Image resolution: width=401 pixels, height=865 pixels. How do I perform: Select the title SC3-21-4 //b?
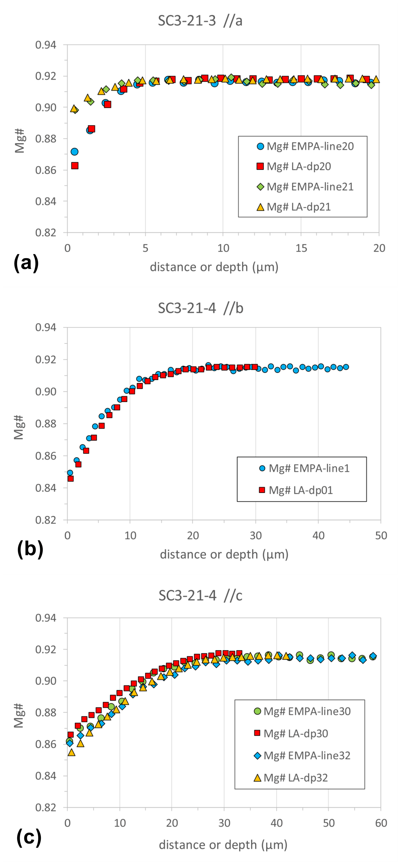(x=200, y=308)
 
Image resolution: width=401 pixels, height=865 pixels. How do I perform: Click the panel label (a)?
(x=26, y=263)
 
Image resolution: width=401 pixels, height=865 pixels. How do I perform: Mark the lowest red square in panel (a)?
(x=75, y=166)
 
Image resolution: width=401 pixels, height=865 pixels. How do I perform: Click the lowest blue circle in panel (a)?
(x=74, y=152)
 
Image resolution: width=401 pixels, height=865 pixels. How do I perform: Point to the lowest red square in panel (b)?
(x=70, y=479)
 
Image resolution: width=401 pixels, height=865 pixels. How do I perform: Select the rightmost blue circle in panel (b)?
(x=346, y=367)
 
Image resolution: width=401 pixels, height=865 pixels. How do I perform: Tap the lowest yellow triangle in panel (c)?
(x=71, y=753)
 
